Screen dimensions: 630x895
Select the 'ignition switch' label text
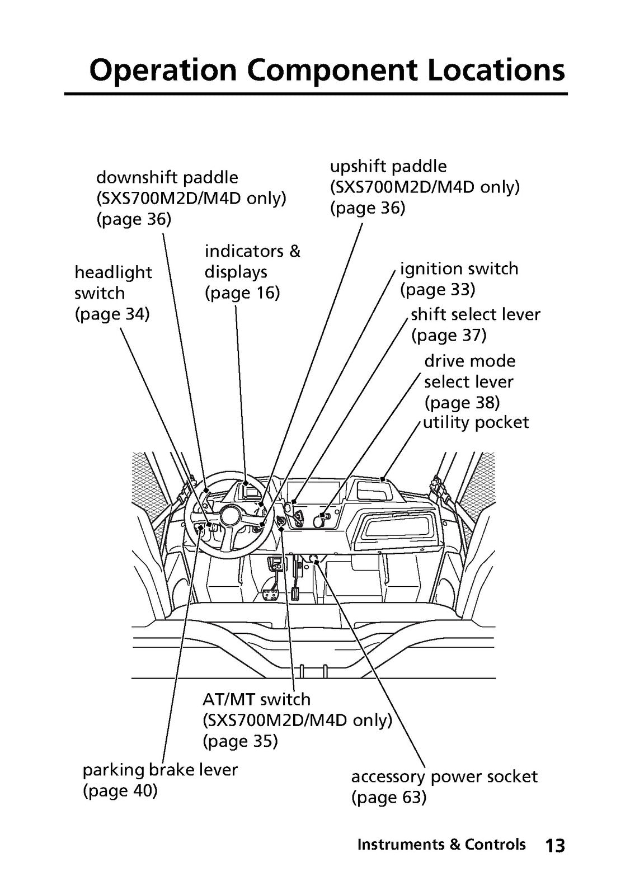[459, 269]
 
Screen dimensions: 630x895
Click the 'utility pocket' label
[476, 422]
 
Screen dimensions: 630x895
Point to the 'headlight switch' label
[113, 283]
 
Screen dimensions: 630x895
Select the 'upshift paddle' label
[388, 167]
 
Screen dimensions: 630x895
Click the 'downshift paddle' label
[167, 177]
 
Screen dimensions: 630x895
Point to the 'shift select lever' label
[476, 314]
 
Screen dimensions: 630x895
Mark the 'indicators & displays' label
[252, 262]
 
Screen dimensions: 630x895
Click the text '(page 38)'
[462, 402]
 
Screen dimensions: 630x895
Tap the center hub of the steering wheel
[231, 516]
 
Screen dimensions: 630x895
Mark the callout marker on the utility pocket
[383, 478]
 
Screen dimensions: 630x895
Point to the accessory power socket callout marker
[317, 562]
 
